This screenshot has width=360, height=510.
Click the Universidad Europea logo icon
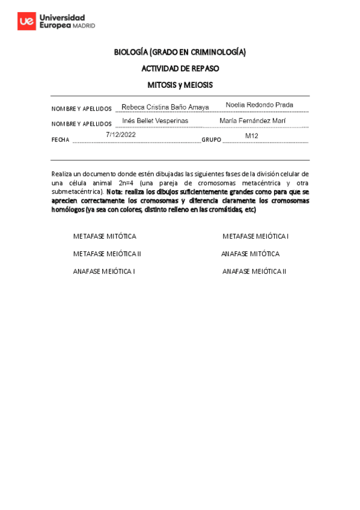click(x=26, y=22)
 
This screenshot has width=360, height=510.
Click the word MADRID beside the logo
click(x=84, y=26)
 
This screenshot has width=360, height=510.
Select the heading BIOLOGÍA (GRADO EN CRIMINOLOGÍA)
click(x=180, y=52)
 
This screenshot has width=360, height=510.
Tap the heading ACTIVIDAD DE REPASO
click(x=180, y=69)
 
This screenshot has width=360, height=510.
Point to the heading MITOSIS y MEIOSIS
click(x=180, y=85)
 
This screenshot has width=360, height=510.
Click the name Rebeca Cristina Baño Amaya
click(x=165, y=107)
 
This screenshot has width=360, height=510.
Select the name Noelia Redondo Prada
click(x=259, y=105)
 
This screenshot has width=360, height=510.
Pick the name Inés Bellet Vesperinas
click(x=155, y=121)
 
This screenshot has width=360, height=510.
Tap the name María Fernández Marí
click(x=252, y=121)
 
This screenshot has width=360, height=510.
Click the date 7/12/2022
click(x=121, y=135)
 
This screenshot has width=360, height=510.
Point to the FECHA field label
click(x=61, y=140)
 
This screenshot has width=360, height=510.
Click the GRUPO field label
click(x=212, y=140)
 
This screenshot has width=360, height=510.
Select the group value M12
click(x=251, y=136)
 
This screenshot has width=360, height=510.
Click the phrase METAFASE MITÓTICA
click(x=105, y=236)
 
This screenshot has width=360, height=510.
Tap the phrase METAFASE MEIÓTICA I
click(x=255, y=236)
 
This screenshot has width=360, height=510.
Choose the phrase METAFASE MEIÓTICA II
click(x=107, y=254)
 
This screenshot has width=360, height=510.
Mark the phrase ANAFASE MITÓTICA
click(x=250, y=254)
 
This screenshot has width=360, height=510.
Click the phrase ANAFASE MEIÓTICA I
click(x=103, y=271)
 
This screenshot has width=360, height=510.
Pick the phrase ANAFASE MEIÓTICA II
click(x=254, y=271)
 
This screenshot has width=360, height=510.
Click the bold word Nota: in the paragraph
click(x=115, y=192)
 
